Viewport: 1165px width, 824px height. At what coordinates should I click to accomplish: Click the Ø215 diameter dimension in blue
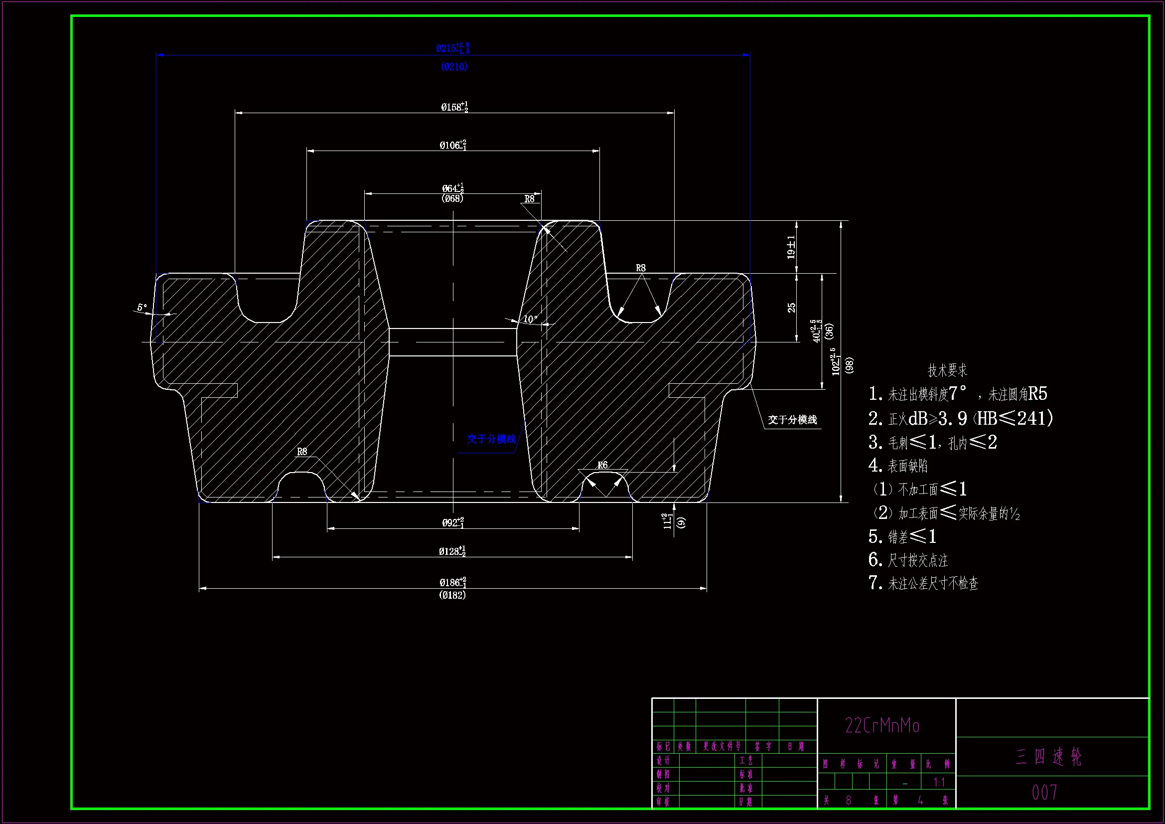pyautogui.click(x=452, y=48)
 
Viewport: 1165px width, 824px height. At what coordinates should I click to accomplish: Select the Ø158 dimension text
pyautogui.click(x=453, y=107)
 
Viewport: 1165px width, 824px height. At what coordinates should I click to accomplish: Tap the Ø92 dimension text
pyautogui.click(x=452, y=522)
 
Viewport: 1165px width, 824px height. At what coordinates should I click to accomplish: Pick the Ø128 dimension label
pyautogui.click(x=452, y=551)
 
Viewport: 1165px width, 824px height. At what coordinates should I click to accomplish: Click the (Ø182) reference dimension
pyautogui.click(x=452, y=595)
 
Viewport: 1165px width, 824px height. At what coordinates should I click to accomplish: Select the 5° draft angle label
pyautogui.click(x=142, y=307)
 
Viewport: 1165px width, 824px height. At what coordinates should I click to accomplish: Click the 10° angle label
pyautogui.click(x=530, y=319)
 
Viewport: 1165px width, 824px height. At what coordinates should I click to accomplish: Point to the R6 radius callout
pyautogui.click(x=602, y=465)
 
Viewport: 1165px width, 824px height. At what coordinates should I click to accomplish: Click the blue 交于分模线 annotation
pyautogui.click(x=491, y=439)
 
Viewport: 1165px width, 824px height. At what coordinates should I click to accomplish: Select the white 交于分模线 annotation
pyautogui.click(x=792, y=420)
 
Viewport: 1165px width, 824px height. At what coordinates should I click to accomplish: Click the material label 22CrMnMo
pyautogui.click(x=882, y=725)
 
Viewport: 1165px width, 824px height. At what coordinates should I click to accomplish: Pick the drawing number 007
pyautogui.click(x=1045, y=793)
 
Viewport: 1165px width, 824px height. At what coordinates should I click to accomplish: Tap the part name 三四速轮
pyautogui.click(x=1049, y=757)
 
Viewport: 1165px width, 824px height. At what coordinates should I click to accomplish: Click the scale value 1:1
pyautogui.click(x=939, y=782)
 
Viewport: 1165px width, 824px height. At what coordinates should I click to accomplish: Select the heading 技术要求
pyautogui.click(x=947, y=370)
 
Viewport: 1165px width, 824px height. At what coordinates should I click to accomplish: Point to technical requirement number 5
pyautogui.click(x=902, y=536)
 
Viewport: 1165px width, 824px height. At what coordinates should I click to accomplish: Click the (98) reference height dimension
pyautogui.click(x=850, y=365)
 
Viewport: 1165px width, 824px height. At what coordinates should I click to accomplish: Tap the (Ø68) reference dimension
pyautogui.click(x=452, y=198)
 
